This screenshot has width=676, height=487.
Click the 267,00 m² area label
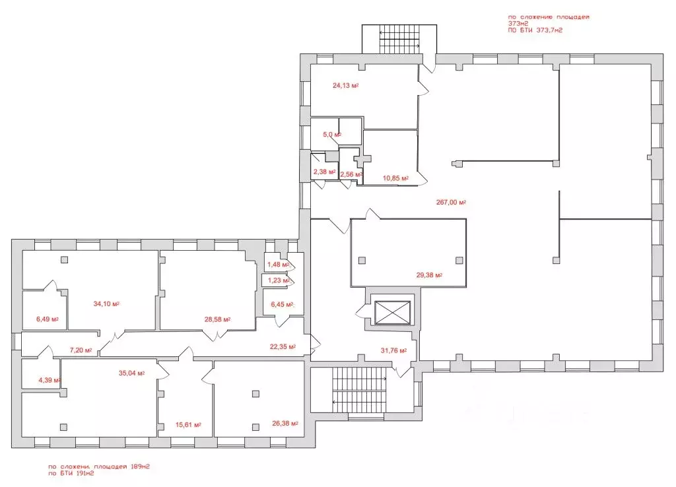(x=451, y=202)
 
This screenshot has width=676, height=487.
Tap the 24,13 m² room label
(x=346, y=85)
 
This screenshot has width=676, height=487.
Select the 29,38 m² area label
(x=429, y=275)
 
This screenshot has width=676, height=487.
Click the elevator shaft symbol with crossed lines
(x=392, y=312)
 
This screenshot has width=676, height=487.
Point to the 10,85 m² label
(x=396, y=178)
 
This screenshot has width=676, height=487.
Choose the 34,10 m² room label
(x=106, y=304)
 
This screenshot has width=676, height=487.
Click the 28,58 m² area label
(x=217, y=319)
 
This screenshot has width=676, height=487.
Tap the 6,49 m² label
(x=48, y=319)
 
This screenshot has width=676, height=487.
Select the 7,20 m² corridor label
(x=81, y=350)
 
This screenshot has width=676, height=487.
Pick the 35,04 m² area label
(x=131, y=373)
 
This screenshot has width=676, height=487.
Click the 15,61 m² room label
(x=188, y=424)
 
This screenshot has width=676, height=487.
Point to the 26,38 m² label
(x=285, y=423)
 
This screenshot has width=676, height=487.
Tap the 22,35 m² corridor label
(x=283, y=346)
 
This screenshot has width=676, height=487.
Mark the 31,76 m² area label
(x=393, y=350)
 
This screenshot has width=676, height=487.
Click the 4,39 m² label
(x=50, y=380)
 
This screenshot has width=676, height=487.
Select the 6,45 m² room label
(x=282, y=304)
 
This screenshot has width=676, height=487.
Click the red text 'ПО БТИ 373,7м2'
(x=535, y=30)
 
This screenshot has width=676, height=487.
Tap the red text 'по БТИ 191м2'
(x=71, y=473)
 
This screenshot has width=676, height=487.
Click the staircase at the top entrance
(x=399, y=39)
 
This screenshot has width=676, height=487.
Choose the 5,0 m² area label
(x=332, y=135)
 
